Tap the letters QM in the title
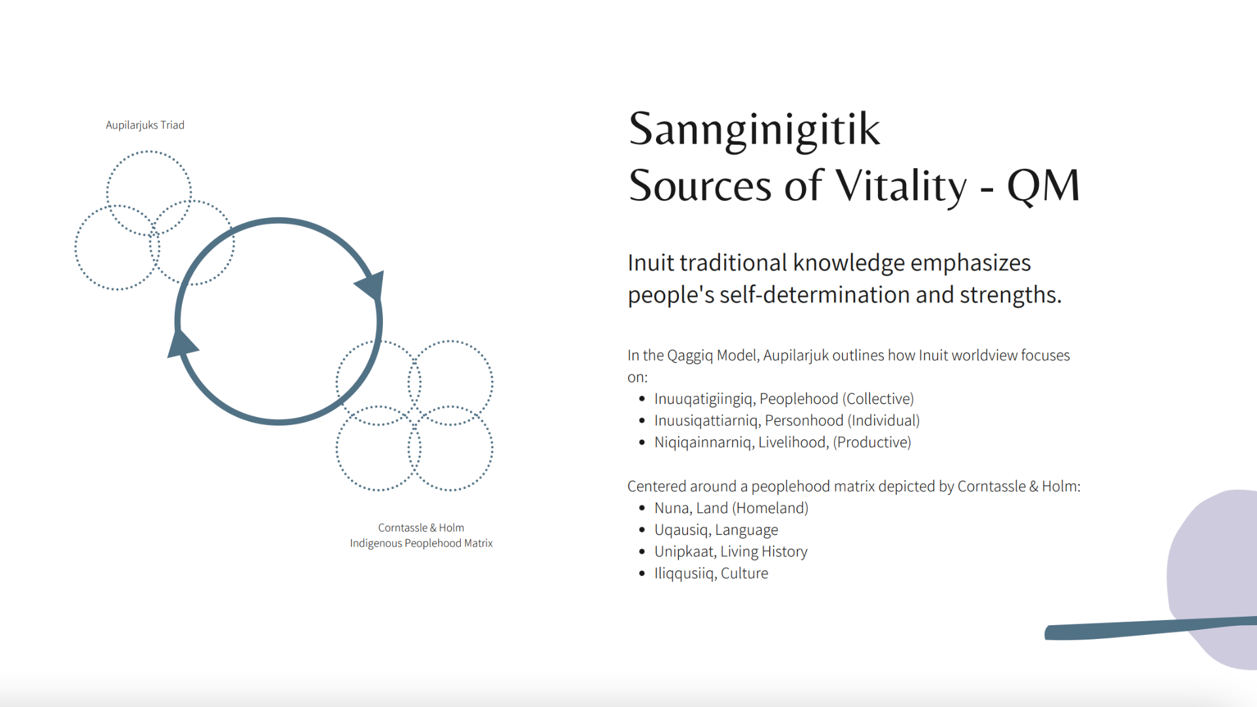click(x=1044, y=185)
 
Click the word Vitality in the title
click(x=901, y=187)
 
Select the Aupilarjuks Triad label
click(x=145, y=125)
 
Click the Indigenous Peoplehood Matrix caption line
click(x=421, y=543)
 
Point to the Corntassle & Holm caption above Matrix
click(x=421, y=528)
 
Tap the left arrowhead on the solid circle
click(x=182, y=344)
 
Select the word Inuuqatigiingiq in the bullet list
click(x=704, y=399)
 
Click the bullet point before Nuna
click(x=642, y=508)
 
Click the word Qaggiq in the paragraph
click(x=690, y=355)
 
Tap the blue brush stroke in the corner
click(x=1150, y=628)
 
